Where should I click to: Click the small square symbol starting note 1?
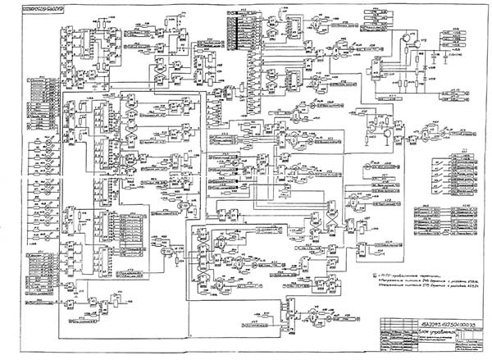(374, 276)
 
